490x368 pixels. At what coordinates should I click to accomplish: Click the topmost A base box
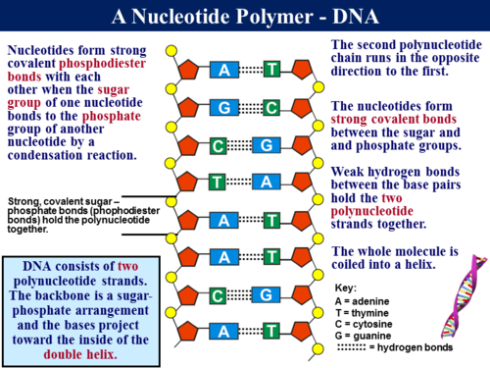tap(225, 70)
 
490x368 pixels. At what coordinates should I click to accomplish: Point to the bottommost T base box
tap(271, 332)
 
